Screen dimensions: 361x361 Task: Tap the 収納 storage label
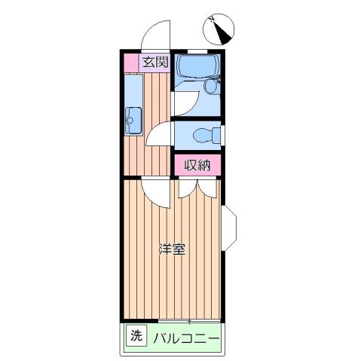click(198, 164)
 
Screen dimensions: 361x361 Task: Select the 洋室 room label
click(172, 249)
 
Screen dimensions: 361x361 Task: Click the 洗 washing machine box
click(136, 335)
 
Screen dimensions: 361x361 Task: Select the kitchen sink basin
click(133, 118)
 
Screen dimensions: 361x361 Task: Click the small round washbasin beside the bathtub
click(210, 86)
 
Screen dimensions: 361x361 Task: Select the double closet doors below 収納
click(197, 188)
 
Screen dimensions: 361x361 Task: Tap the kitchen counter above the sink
click(132, 90)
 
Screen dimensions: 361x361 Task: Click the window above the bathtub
click(198, 51)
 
